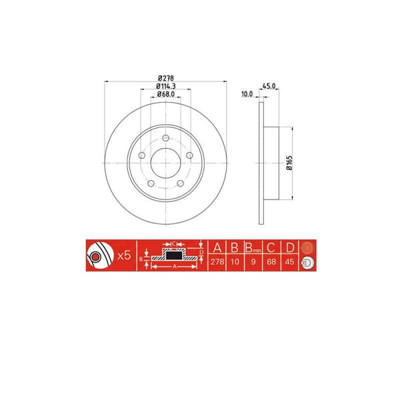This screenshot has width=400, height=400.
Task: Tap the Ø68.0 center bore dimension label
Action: click(x=167, y=95)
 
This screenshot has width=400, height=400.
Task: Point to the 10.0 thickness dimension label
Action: click(x=247, y=95)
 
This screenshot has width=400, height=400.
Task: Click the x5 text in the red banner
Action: click(x=123, y=256)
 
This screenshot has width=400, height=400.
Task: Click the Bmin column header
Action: click(x=252, y=249)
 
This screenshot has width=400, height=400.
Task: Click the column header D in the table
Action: click(x=290, y=249)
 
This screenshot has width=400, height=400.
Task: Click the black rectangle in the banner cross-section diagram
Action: click(x=174, y=256)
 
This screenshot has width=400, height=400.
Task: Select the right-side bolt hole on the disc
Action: click(x=189, y=155)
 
